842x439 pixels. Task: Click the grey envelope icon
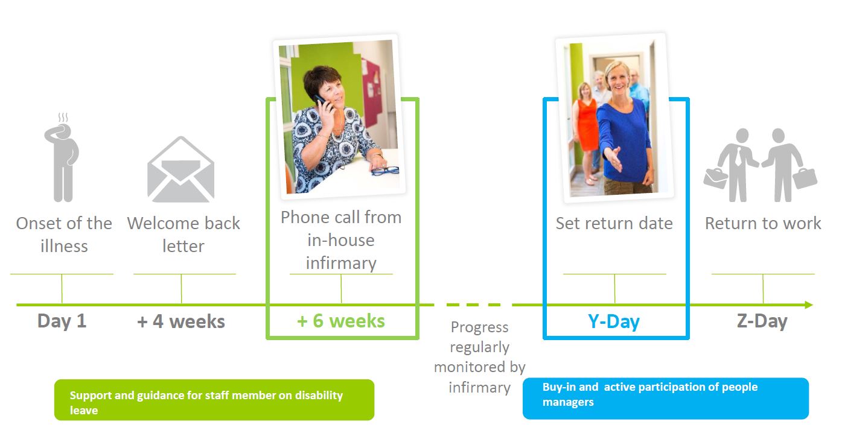pyautogui.click(x=181, y=169)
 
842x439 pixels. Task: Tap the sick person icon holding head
pyautogui.click(x=62, y=158)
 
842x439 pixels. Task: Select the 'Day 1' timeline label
pyautogui.click(x=62, y=321)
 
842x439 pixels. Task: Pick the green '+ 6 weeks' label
pyautogui.click(x=341, y=321)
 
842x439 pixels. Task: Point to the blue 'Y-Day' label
pyautogui.click(x=614, y=322)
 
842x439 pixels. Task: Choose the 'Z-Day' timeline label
pyautogui.click(x=762, y=321)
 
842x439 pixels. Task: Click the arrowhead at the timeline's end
pyautogui.click(x=809, y=305)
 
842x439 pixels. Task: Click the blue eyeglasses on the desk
pyautogui.click(x=385, y=171)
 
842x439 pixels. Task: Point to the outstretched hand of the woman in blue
pyautogui.click(x=612, y=159)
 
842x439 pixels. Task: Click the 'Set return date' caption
pyautogui.click(x=614, y=224)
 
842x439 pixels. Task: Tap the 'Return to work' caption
pyautogui.click(x=763, y=224)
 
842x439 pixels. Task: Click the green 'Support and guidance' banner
pyautogui.click(x=214, y=400)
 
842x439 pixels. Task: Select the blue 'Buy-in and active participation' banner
pyautogui.click(x=666, y=399)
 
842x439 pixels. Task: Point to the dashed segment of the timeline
pyautogui.click(x=474, y=305)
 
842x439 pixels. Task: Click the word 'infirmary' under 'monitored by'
pyautogui.click(x=480, y=388)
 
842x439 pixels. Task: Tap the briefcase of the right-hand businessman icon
pyautogui.click(x=805, y=178)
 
